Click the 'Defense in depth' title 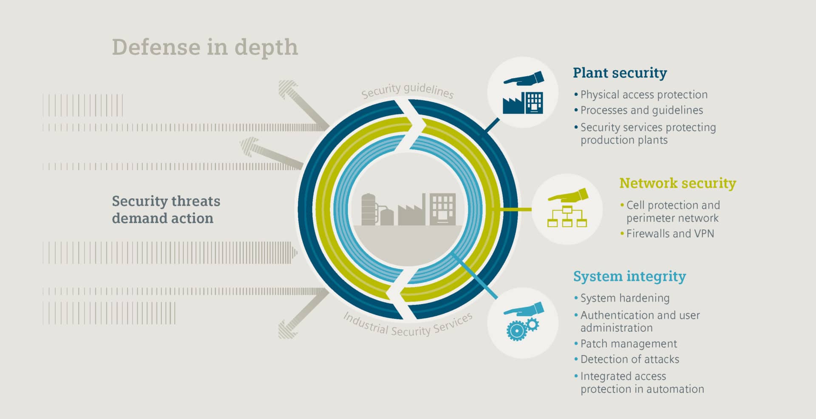[x=205, y=47]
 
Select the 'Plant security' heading [x=620, y=73]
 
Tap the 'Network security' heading [x=677, y=183]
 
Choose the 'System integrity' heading [x=629, y=276]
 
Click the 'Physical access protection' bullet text [x=643, y=94]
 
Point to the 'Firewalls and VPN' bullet [x=670, y=234]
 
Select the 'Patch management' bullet [x=628, y=344]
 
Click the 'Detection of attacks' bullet [x=629, y=359]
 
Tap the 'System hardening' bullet [x=625, y=298]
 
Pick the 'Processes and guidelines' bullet [x=641, y=110]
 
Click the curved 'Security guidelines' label [x=407, y=90]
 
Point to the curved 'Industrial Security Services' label [x=408, y=326]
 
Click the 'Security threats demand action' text [x=166, y=209]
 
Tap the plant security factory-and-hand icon [x=523, y=92]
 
